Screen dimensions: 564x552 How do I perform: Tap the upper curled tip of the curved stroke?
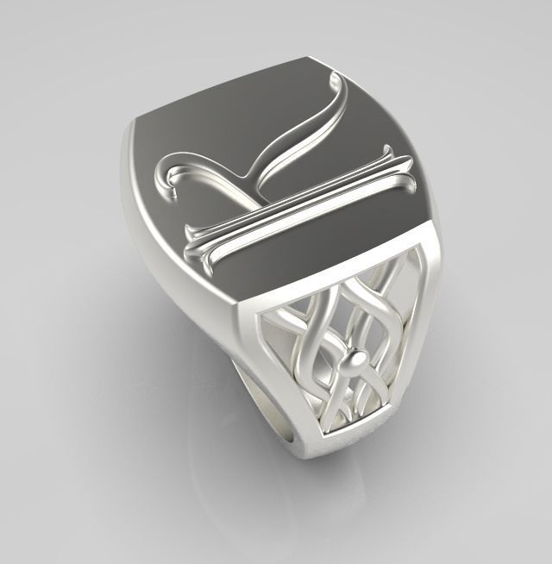[339, 79]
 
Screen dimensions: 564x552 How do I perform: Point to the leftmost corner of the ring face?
[134, 129]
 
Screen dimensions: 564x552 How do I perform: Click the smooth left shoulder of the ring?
[172, 259]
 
